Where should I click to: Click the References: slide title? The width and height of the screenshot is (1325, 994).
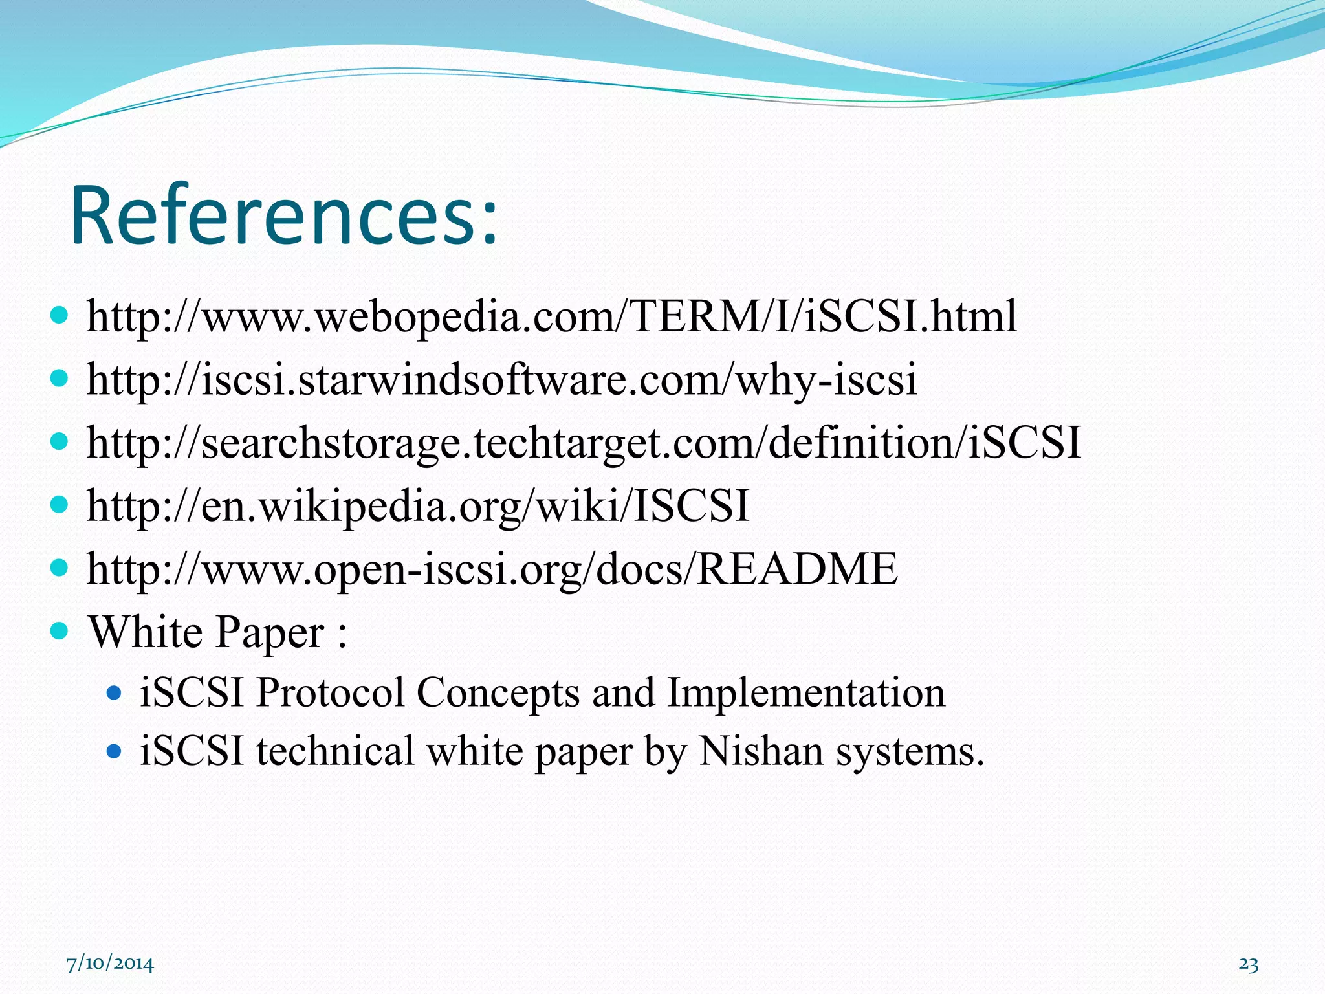[285, 215]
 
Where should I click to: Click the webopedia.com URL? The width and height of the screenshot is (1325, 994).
[551, 316]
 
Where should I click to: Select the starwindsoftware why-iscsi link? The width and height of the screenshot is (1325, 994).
[501, 380]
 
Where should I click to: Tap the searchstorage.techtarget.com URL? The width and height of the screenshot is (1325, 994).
[584, 443]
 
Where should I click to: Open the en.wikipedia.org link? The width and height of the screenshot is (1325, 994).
[418, 505]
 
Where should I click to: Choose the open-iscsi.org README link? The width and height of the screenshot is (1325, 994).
[492, 569]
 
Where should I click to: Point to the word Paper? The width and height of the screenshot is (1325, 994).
[269, 633]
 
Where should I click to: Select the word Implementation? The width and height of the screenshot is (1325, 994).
[805, 692]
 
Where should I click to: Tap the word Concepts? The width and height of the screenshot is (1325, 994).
[498, 692]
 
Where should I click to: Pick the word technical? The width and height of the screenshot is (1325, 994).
[334, 752]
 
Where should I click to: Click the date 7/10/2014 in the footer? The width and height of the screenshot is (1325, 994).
[110, 964]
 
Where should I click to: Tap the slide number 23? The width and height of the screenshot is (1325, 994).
[1248, 964]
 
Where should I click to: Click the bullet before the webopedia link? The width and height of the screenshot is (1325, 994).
[59, 316]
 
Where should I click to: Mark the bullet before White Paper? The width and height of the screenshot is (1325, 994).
[59, 630]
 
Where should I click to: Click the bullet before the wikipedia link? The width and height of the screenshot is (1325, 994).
[59, 505]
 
